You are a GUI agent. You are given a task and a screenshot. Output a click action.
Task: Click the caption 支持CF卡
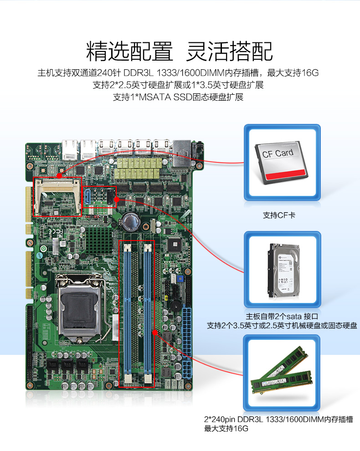pos(279,215)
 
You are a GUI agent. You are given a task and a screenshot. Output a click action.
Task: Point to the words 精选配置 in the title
pos(130,51)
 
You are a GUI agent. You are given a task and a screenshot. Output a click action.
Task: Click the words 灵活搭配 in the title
pos(230,51)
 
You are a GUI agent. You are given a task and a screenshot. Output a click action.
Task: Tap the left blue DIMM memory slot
pos(128,310)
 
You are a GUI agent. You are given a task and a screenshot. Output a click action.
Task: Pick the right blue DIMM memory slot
pos(147,310)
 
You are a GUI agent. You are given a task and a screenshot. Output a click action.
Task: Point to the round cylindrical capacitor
pos(130,221)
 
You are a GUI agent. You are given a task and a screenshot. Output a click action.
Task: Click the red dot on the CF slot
pos(59,175)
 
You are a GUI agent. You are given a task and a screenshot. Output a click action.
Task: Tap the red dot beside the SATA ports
pos(117,200)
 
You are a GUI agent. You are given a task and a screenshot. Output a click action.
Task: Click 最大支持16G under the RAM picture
pos(226,428)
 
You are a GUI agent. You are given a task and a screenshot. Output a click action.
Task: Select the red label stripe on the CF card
pos(284,174)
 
